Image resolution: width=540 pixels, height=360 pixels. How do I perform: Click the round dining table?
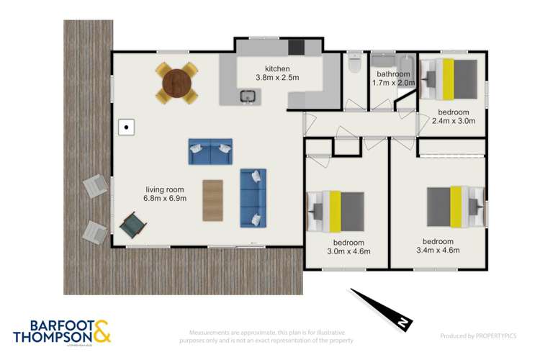pos(177,83)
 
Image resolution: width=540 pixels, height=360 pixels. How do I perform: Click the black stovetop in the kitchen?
pos(297,48)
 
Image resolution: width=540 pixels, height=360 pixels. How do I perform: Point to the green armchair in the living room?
pos(132,225)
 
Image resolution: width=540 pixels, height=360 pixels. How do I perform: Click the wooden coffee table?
pos(213,200)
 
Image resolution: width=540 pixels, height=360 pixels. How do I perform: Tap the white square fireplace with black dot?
pos(127,127)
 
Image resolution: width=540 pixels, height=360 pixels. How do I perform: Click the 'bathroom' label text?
pos(393,74)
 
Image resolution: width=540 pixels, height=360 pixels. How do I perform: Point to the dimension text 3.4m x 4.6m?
pos(438,250)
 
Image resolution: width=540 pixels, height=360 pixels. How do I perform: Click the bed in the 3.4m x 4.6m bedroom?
pos(454,205)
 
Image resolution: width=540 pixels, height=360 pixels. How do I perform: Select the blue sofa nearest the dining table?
pos(210,152)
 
